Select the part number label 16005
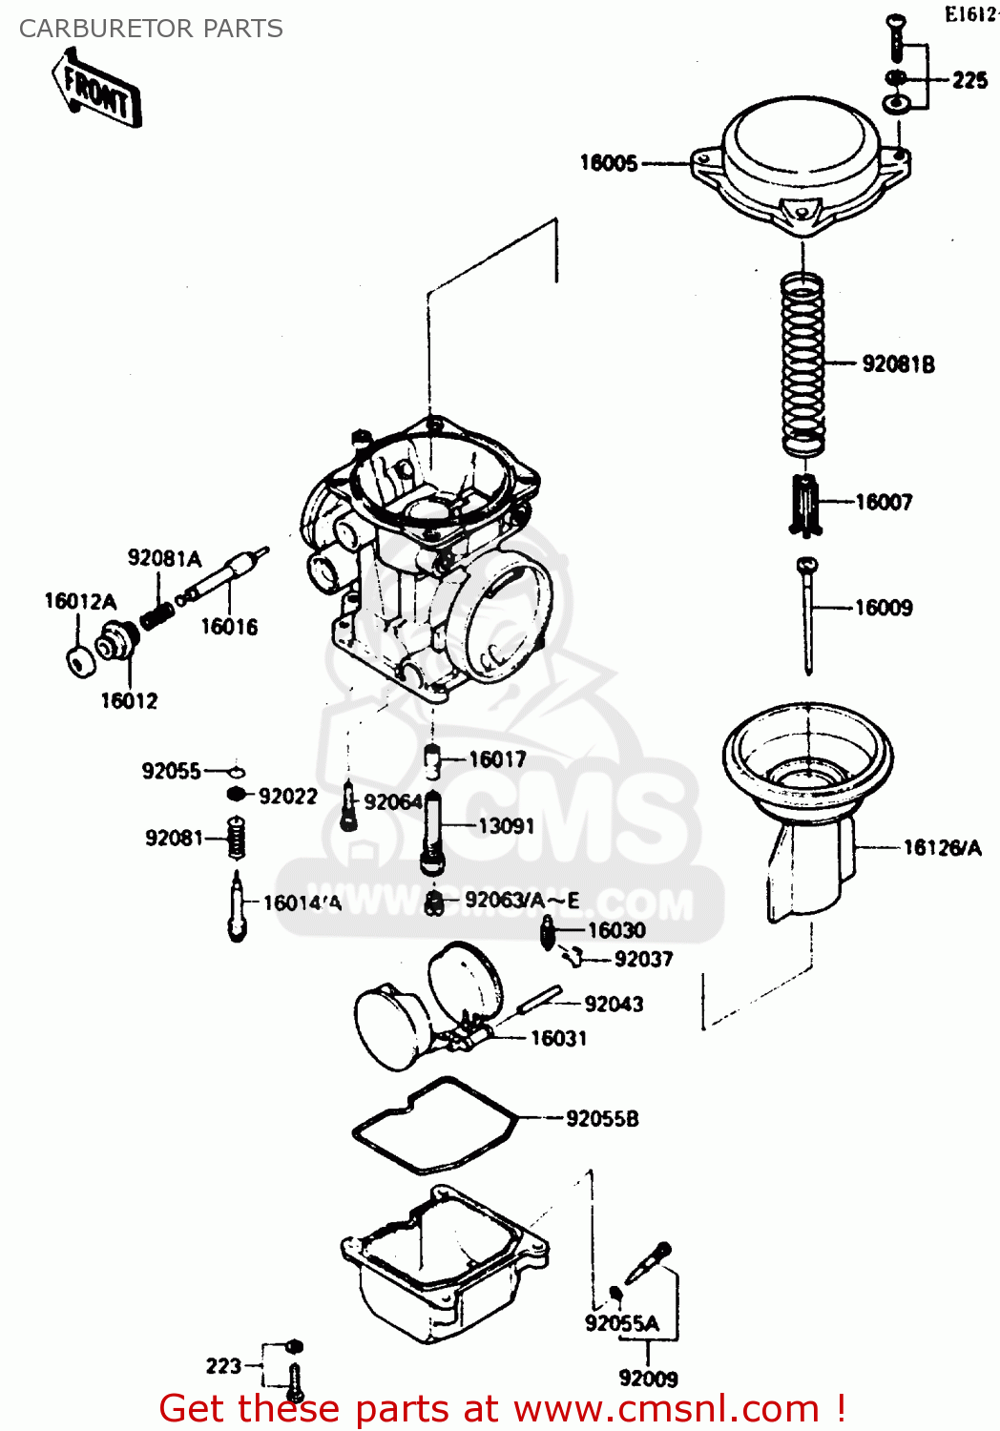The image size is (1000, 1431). [609, 163]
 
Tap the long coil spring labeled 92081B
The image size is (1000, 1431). [802, 363]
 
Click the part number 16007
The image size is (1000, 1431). [884, 502]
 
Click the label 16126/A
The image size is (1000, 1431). [942, 847]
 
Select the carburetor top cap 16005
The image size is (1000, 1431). [801, 167]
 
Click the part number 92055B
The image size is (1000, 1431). [602, 1118]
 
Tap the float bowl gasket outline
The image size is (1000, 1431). [434, 1126]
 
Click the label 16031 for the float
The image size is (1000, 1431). [558, 1038]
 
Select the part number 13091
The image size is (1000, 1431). [506, 825]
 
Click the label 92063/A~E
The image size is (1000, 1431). [522, 901]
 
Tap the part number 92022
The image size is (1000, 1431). [287, 797]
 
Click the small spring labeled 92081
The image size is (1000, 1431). [237, 840]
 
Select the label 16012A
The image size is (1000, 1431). [80, 601]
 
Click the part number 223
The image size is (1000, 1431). [223, 1366]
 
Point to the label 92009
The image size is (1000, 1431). [648, 1379]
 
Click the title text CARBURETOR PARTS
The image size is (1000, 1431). [151, 29]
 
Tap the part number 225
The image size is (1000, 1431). [969, 80]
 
